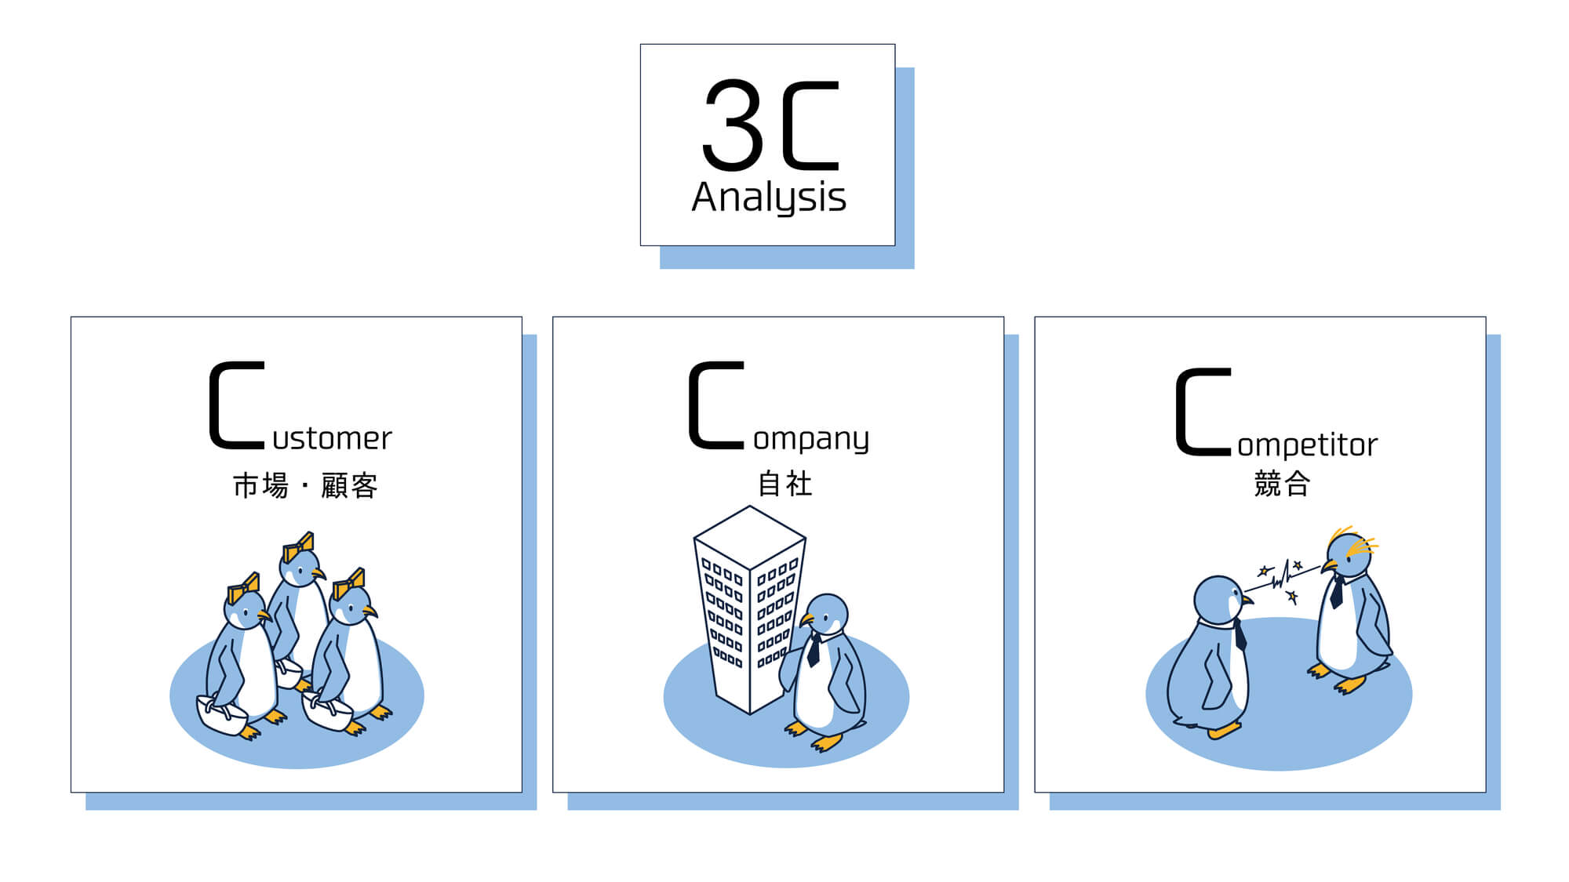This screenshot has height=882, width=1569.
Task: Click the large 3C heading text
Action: pos(771,125)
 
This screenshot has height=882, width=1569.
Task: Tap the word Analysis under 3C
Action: pos(769,197)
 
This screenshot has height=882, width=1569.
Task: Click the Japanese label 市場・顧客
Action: pos(305,485)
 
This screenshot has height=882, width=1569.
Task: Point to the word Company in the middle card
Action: pos(779,407)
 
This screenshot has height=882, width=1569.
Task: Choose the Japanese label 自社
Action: pos(784,484)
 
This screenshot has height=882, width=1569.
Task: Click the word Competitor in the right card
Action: pos(1276,413)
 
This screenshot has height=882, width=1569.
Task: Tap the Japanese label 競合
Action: pos(1282,484)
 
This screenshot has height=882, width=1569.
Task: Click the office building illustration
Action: pos(750,610)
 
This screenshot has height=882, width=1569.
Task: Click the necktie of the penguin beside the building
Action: pos(814,650)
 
